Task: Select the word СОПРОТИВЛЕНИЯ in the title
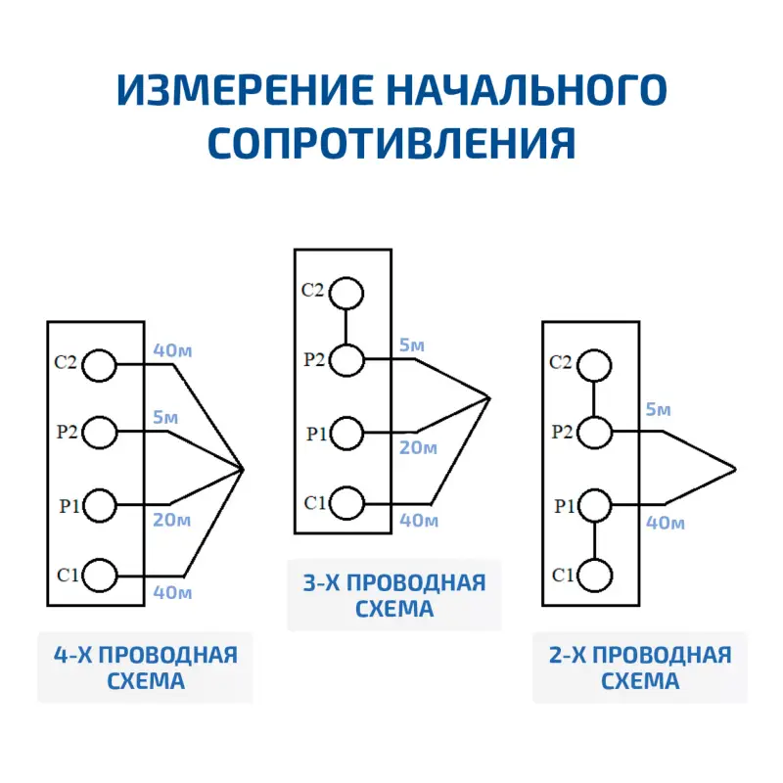391,143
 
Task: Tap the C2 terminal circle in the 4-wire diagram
100,365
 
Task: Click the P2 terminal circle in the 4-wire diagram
100,430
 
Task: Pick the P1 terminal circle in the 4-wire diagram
100,504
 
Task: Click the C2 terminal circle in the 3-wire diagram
345,292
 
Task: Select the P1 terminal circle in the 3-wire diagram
345,431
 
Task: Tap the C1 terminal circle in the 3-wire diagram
345,502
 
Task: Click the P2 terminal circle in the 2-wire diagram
594,432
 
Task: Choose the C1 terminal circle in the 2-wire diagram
594,575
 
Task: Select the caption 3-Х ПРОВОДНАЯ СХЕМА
393,596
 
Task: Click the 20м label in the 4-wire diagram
170,520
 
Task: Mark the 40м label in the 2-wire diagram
665,523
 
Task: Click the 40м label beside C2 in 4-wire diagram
171,349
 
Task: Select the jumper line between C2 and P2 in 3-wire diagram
345,326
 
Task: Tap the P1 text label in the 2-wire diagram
565,506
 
